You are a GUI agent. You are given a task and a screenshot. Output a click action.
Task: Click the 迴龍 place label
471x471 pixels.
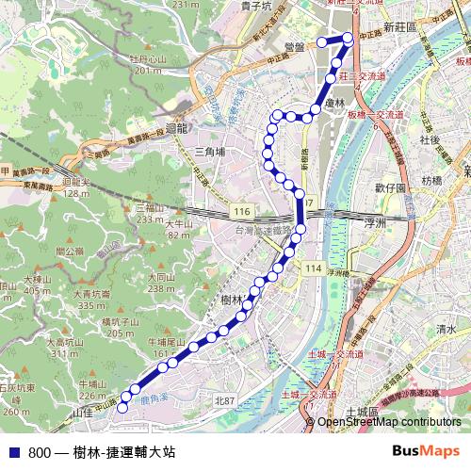pos(176,129)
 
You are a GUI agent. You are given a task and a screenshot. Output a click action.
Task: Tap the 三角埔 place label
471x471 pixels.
pos(208,151)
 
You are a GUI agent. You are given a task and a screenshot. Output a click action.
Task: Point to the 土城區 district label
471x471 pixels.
pos(362,413)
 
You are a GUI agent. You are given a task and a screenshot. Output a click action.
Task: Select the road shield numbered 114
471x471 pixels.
pos(313,268)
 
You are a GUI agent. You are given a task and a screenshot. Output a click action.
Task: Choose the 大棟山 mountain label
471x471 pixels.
pos(38,280)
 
